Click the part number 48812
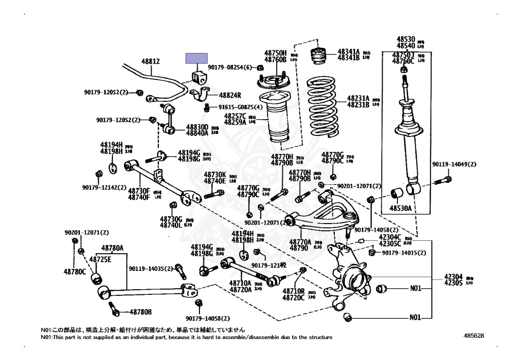pos(150,62)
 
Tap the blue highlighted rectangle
pos(196,58)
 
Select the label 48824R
pos(230,95)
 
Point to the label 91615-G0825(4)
pos(241,107)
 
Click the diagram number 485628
pos(474,336)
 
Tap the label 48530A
pos(400,209)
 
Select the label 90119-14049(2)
pos(454,164)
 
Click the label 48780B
pos(140,312)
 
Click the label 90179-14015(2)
pos(403,253)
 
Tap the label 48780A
pos(112,248)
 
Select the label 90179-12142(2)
pos(104,187)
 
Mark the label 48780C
pos(74,272)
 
